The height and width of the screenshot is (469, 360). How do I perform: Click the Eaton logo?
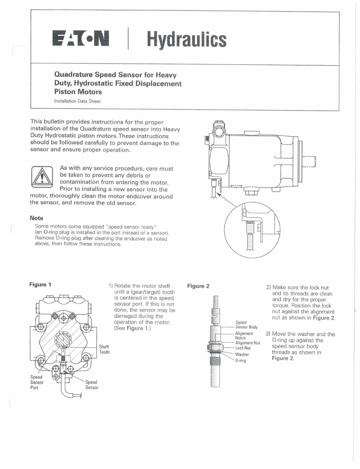pos(81,39)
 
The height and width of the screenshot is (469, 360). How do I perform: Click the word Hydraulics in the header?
pos(186,39)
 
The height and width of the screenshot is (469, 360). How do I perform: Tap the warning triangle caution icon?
pos(42,177)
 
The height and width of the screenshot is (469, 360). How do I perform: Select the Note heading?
pos(36,218)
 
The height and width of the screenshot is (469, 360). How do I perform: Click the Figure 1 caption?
pos(40,285)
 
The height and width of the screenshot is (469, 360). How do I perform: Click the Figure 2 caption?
pos(198,286)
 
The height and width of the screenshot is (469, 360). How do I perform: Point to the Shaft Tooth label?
pos(104,349)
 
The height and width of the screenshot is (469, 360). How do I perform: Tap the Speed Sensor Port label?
pos(37,382)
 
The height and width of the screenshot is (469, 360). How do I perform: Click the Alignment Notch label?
pos(244,336)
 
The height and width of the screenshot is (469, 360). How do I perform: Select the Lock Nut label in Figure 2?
pos(243,348)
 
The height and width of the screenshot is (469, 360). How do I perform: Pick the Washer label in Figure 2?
pos(242,354)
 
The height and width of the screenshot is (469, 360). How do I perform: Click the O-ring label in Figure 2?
pos(240,361)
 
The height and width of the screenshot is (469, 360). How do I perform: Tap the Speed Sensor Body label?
pos(246,325)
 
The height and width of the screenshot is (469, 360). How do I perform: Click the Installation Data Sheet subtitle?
pos(77,101)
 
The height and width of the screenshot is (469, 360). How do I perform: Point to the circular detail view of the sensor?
pos(252,229)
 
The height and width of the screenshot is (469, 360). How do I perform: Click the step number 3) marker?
pos(268,334)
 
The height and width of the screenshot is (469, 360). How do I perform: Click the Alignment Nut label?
pos(247,343)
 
